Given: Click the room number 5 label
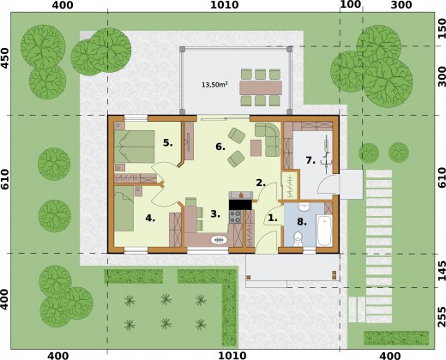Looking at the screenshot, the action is pos(168,142).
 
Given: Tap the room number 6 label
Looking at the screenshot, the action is pos(220,147).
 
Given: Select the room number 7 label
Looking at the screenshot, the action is pos(310,160).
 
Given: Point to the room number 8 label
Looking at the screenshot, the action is pos(302,221).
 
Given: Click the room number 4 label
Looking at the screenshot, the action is pos(150,219).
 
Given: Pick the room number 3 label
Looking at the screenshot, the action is pos(215,213).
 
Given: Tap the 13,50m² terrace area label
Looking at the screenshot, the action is pos(214,85).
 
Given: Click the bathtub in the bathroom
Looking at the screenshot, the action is pos(324,231).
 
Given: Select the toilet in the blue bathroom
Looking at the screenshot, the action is pos(298,239).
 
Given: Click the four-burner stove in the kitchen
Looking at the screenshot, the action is pos(236,217).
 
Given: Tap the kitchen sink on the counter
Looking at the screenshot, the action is pos(220,240).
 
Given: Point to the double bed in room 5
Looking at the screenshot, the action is pos(135,147).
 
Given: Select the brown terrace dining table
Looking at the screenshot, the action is pos(261,87).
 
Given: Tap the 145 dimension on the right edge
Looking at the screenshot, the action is pos(441,270).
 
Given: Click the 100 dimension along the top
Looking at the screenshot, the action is pos(351,4).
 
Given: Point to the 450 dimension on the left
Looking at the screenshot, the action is pos(5,58).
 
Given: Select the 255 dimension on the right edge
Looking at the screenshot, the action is pos(441,316).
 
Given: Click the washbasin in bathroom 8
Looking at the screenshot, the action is pos(304,207).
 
